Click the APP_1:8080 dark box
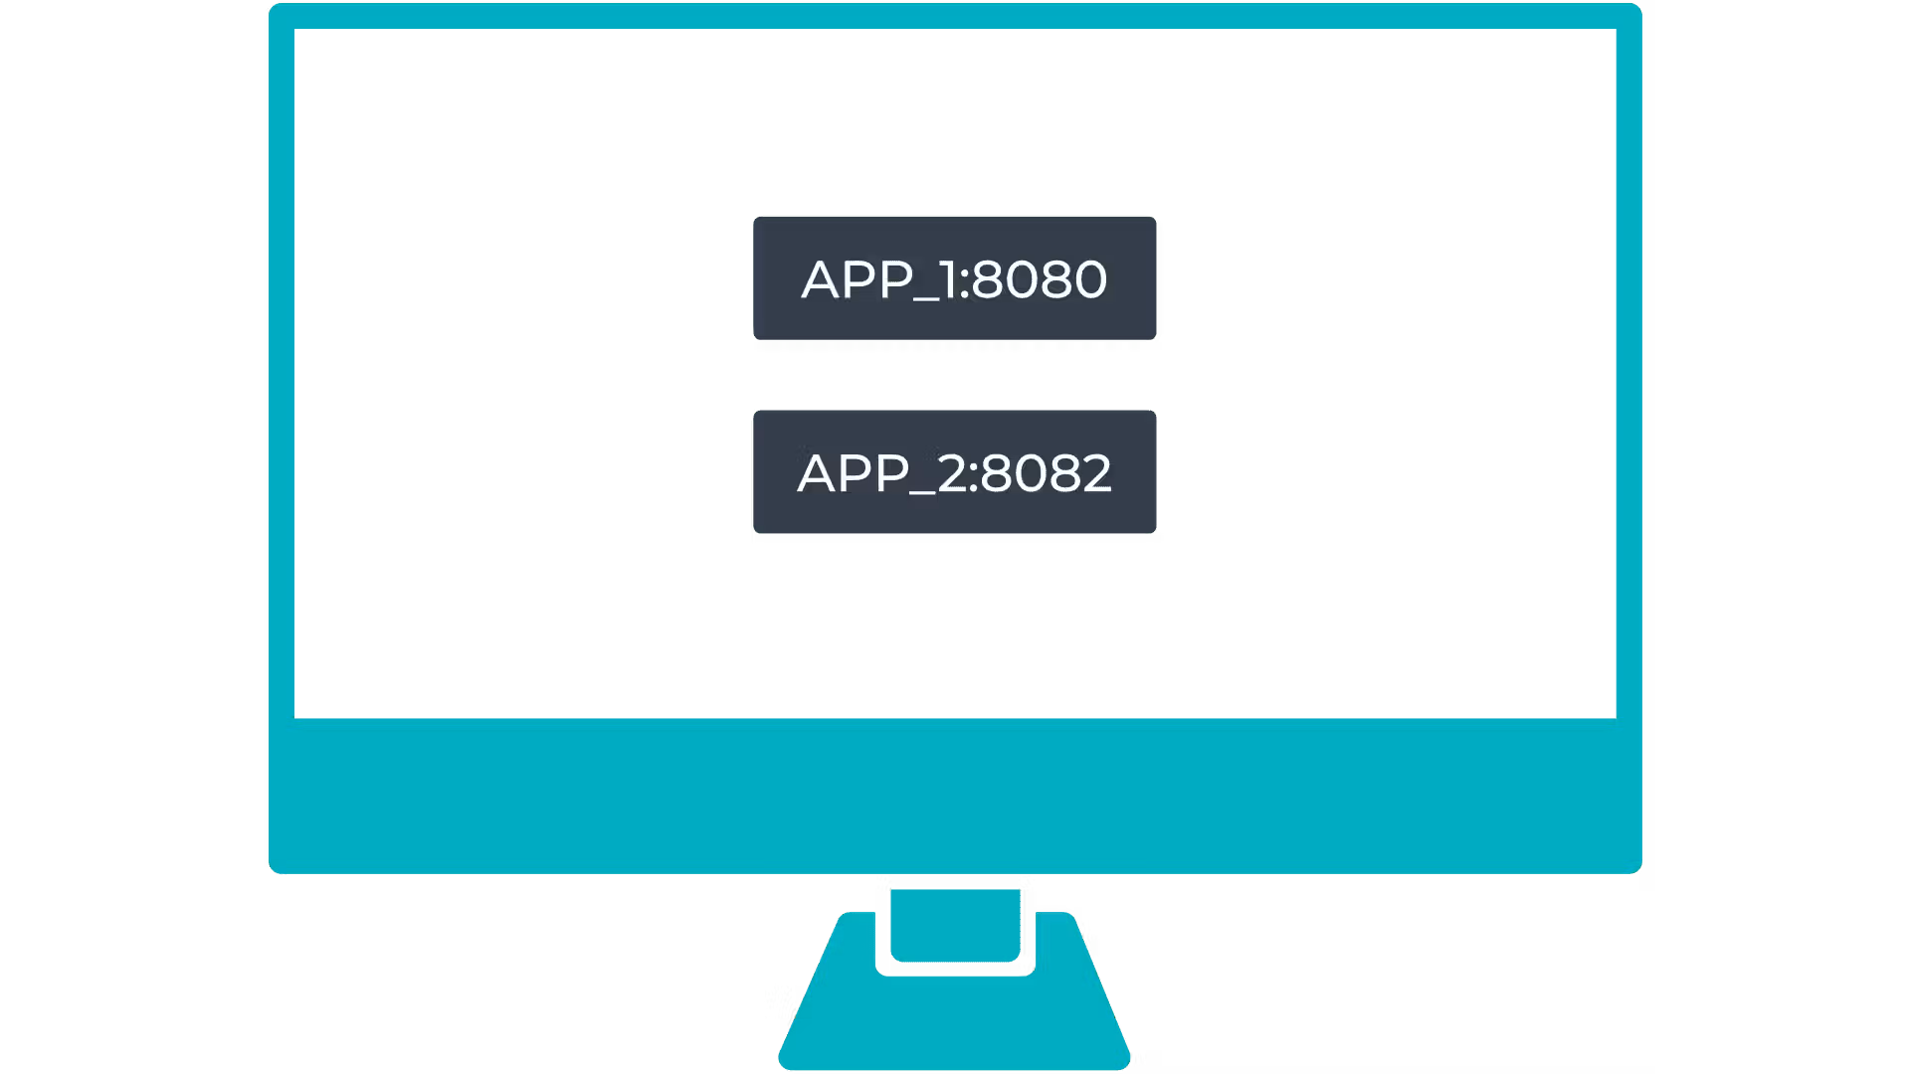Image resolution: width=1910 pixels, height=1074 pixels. (x=954, y=278)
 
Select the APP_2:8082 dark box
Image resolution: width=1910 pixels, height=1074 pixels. (x=954, y=471)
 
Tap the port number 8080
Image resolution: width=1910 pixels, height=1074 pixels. (x=1040, y=279)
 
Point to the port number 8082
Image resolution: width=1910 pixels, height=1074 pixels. (x=1047, y=473)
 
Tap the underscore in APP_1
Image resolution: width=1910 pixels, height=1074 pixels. (x=926, y=300)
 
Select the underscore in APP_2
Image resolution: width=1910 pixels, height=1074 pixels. (x=922, y=494)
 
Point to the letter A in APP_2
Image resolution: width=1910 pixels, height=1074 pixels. (x=818, y=473)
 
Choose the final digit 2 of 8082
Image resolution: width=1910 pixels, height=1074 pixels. (x=1097, y=473)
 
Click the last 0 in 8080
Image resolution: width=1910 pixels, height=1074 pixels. (x=1090, y=279)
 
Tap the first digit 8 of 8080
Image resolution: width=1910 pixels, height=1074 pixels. (x=987, y=279)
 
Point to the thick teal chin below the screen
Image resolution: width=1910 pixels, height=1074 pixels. (x=955, y=796)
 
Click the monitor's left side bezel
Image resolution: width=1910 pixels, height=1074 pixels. (x=282, y=373)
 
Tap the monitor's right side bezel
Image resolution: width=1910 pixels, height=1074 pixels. (x=1629, y=373)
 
